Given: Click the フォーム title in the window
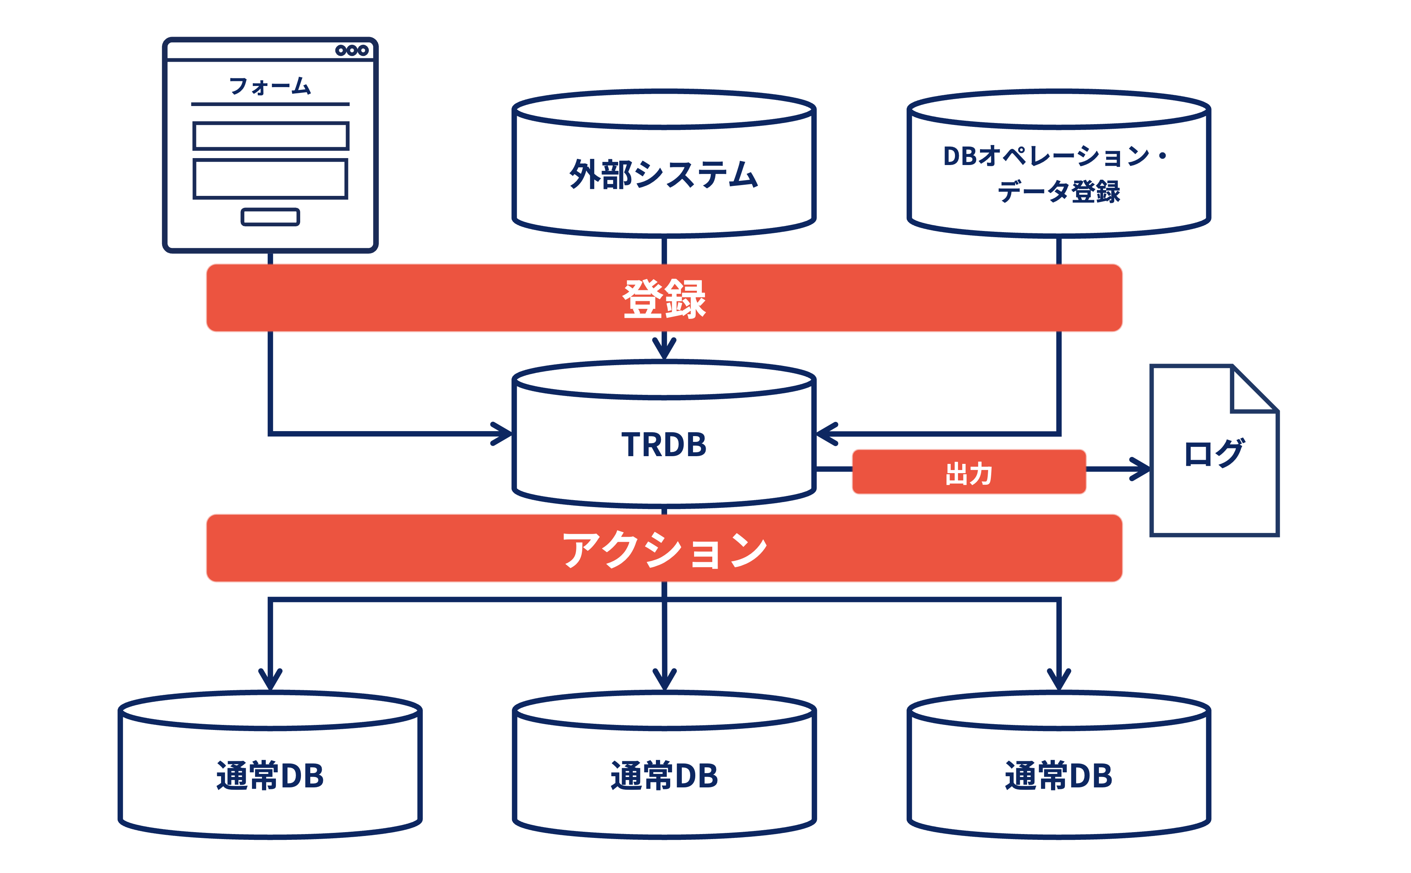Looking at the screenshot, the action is coord(270,87).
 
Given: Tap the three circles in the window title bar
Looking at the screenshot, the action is coord(352,50).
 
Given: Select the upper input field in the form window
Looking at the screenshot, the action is coord(270,136).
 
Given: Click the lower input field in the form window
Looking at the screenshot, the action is coord(270,179).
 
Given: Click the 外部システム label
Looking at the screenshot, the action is coord(664,174).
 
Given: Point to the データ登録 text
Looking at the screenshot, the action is coord(1059,191).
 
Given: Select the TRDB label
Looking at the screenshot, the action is coord(664,445).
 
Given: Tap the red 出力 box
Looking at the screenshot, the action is coord(968,472).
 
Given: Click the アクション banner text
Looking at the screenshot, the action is coord(664,549).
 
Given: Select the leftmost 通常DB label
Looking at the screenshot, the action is coord(270,775).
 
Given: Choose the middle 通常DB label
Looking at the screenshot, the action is coord(664,775).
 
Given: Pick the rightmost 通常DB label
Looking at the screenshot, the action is coord(1059,775).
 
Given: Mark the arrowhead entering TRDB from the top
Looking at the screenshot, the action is coord(664,348).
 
